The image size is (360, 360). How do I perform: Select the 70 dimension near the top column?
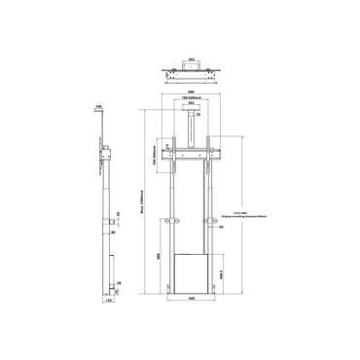pos(200,116)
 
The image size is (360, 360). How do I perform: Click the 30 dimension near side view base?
pos(118,284)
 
